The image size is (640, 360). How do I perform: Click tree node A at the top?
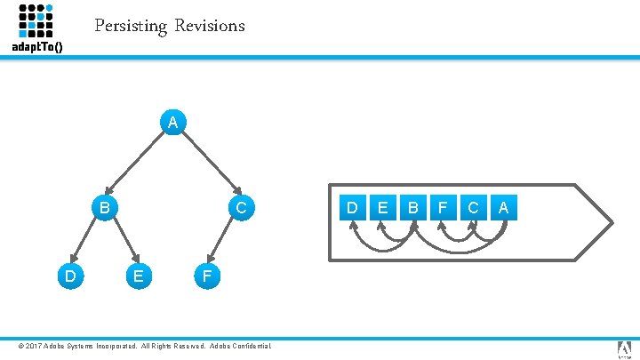tap(174, 121)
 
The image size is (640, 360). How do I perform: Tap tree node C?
tap(241, 208)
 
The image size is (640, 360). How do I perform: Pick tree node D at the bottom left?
tap(68, 276)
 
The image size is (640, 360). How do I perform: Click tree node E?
tap(137, 276)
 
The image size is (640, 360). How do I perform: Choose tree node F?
tap(205, 276)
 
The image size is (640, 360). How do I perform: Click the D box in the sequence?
tap(352, 207)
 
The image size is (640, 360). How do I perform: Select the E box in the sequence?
tap(382, 207)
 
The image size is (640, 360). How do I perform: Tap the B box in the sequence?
tap(412, 207)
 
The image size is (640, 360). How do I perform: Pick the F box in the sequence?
tap(443, 207)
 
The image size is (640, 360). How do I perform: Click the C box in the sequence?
tap(473, 207)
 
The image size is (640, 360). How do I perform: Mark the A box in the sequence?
tap(503, 207)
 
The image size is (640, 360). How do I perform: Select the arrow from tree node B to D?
tap(84, 243)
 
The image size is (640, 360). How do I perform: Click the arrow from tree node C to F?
tap(222, 243)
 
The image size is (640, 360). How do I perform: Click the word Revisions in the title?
tap(209, 26)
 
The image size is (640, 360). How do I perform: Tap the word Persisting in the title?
tap(131, 26)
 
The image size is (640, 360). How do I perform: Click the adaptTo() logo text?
tap(36, 46)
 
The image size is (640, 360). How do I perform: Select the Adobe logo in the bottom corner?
tap(624, 348)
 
